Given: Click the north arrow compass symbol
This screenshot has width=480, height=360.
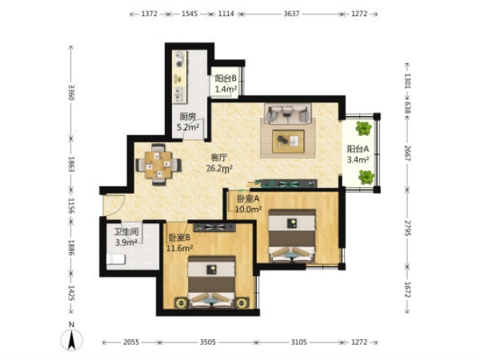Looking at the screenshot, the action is click(x=72, y=339).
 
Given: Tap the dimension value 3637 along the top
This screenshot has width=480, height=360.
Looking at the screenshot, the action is click(x=291, y=14).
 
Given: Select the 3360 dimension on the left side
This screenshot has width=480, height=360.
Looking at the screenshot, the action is click(x=71, y=93).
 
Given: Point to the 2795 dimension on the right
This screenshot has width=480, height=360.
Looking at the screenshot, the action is click(x=407, y=228).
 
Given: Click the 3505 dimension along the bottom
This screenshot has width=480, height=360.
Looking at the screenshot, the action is click(x=207, y=342).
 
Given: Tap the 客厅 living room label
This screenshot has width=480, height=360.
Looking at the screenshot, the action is click(x=219, y=158).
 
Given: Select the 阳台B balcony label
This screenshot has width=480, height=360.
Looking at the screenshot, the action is click(x=226, y=78).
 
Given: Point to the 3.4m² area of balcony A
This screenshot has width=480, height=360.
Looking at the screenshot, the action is click(x=358, y=159).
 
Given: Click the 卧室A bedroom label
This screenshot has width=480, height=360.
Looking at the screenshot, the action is click(x=248, y=199).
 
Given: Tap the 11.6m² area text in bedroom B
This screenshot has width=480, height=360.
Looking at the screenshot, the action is click(x=179, y=248).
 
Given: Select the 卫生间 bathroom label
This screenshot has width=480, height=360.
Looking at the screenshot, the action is click(x=126, y=232).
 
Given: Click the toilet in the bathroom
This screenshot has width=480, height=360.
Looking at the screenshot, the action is click(x=116, y=259).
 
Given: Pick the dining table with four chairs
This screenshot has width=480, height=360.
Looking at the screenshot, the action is click(x=158, y=165).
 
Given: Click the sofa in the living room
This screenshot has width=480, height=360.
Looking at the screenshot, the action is click(x=288, y=114).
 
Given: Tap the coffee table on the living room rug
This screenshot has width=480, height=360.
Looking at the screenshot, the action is click(x=288, y=141).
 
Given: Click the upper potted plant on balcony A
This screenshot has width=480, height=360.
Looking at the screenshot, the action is click(x=363, y=128).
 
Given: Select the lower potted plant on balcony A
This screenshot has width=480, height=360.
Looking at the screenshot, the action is click(x=366, y=178).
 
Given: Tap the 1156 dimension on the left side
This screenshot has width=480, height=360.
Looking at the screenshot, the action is click(x=71, y=206).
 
